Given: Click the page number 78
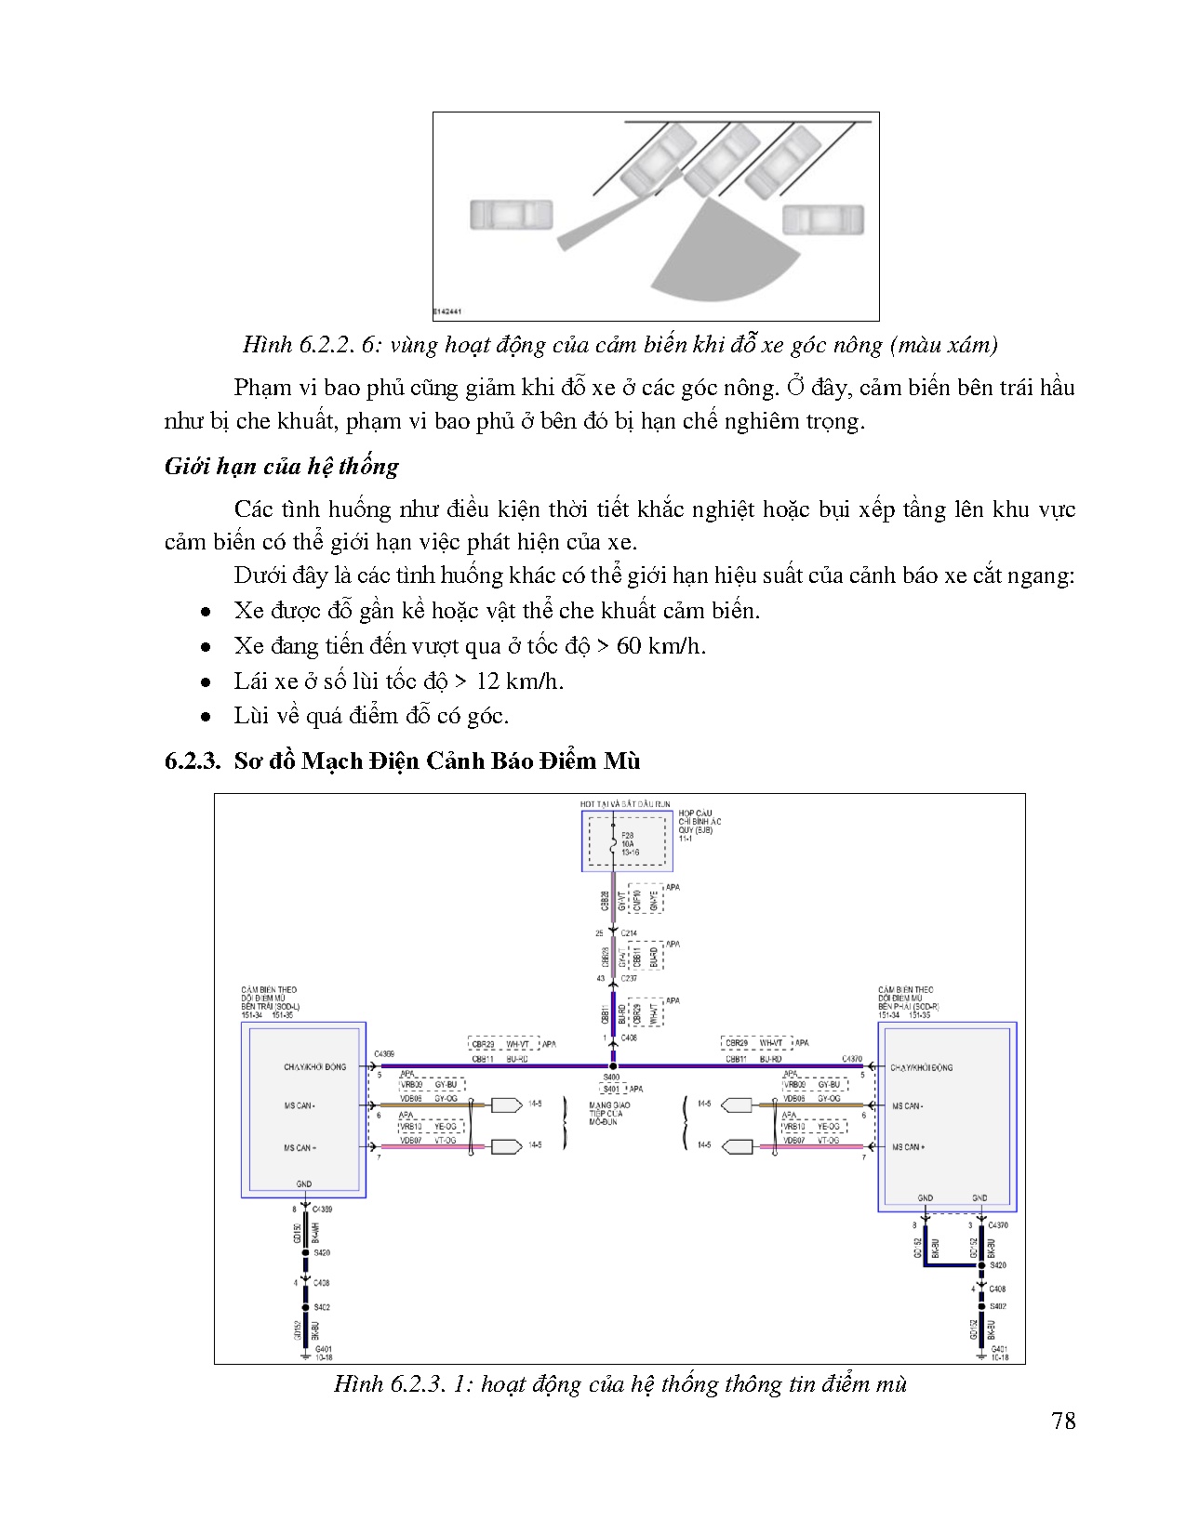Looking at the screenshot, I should click(1063, 1421).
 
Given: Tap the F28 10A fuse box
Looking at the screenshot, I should click(626, 841).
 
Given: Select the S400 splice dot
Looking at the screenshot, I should click(612, 1066).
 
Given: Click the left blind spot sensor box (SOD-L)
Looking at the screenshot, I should click(303, 1111).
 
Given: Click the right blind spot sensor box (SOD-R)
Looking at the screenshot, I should click(947, 1116).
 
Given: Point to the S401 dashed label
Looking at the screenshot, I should click(612, 1089).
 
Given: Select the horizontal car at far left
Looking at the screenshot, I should click(511, 216).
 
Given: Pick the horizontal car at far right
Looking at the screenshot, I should click(823, 220).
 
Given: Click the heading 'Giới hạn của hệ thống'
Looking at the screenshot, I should click(281, 467).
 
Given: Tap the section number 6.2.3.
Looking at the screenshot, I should click(193, 760).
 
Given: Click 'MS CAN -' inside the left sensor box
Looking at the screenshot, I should click(300, 1105).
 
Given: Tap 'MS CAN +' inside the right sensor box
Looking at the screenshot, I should click(909, 1147).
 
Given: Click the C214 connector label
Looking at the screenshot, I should click(629, 932).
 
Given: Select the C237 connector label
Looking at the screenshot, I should click(629, 978).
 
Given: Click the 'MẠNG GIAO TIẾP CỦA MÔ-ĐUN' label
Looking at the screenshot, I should click(609, 1114).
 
